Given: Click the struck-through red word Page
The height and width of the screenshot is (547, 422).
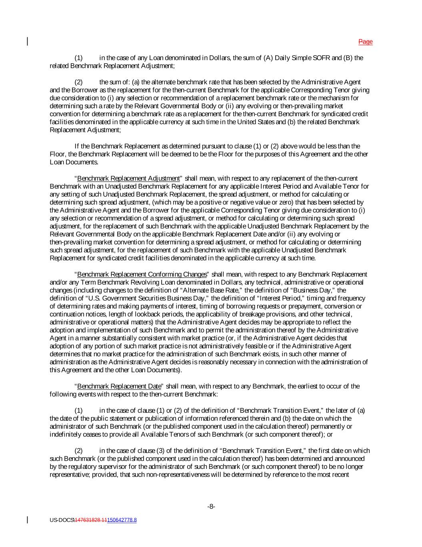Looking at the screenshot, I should (365, 42).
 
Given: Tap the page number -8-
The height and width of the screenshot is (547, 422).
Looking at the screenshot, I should (211, 507).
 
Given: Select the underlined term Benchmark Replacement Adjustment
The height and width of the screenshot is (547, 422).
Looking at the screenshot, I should (128, 178).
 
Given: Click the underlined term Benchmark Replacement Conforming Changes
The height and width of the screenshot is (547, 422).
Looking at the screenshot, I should (142, 275).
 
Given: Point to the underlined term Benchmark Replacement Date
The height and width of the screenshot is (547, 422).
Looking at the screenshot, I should (119, 386).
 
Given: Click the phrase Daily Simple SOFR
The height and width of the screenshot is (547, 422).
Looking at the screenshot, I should (298, 58).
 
